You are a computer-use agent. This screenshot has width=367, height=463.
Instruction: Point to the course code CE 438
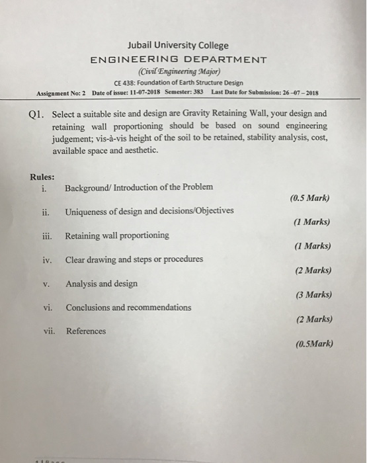click(124, 83)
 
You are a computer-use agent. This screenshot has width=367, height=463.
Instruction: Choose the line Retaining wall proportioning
click(117, 235)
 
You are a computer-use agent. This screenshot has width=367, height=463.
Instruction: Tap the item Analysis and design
click(102, 284)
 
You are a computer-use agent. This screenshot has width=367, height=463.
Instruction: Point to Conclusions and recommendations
click(128, 308)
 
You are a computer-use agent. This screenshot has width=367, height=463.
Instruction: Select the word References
click(85, 331)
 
